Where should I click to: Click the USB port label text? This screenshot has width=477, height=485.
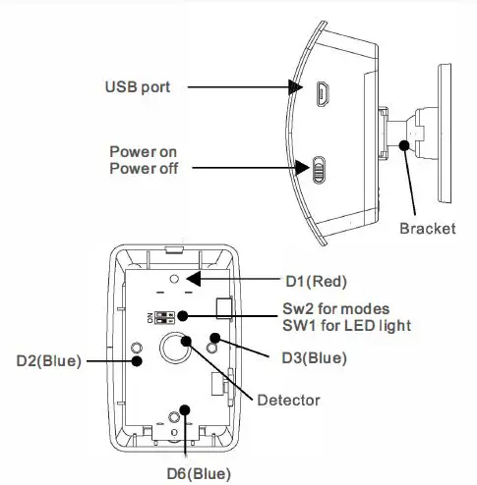138,87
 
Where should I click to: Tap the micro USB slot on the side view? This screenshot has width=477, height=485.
322,94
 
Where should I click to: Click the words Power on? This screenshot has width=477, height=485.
143,153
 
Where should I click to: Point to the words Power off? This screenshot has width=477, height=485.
143,169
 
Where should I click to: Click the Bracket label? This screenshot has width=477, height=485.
428,229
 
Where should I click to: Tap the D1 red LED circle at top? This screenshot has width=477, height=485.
173,280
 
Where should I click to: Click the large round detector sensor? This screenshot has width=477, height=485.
177,348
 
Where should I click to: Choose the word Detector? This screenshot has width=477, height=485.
288,400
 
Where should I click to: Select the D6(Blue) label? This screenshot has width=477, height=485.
189,472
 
